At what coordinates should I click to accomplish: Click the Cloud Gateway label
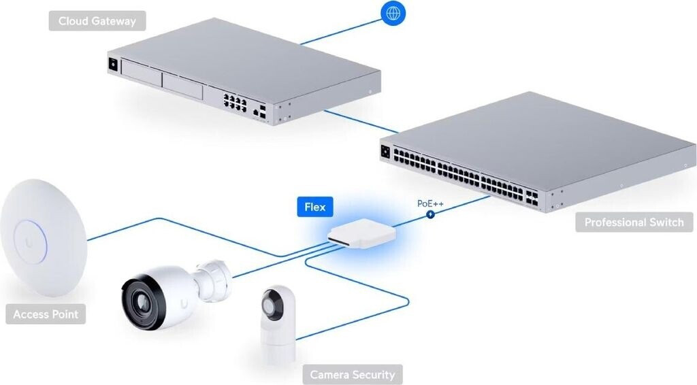97,21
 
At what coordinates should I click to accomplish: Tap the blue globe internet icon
393,14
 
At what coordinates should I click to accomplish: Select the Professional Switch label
634,222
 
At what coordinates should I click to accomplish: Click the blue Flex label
314,207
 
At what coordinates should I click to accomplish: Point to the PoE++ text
430,203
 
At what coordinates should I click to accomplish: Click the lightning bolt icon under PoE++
430,215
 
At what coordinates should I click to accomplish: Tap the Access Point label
46,315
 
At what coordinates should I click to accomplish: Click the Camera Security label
352,375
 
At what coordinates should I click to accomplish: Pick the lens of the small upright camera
276,306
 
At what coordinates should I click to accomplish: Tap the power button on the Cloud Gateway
111,65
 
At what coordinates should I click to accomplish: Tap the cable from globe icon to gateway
340,31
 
